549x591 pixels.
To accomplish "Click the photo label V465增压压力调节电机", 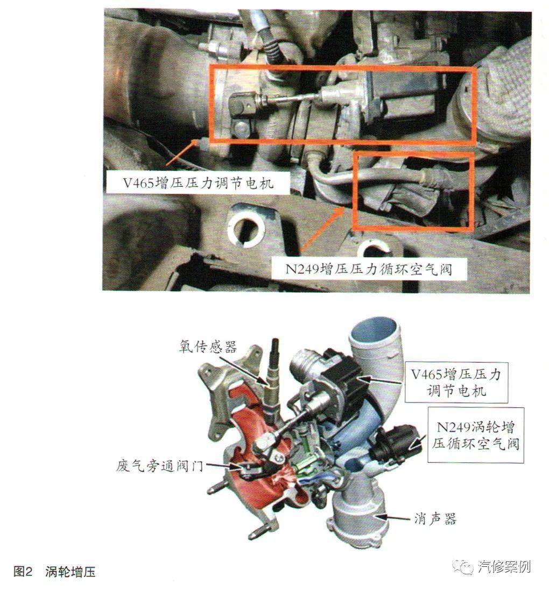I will (197, 183).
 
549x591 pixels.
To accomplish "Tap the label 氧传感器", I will (208, 347).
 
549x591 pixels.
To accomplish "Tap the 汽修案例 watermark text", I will (504, 567).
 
